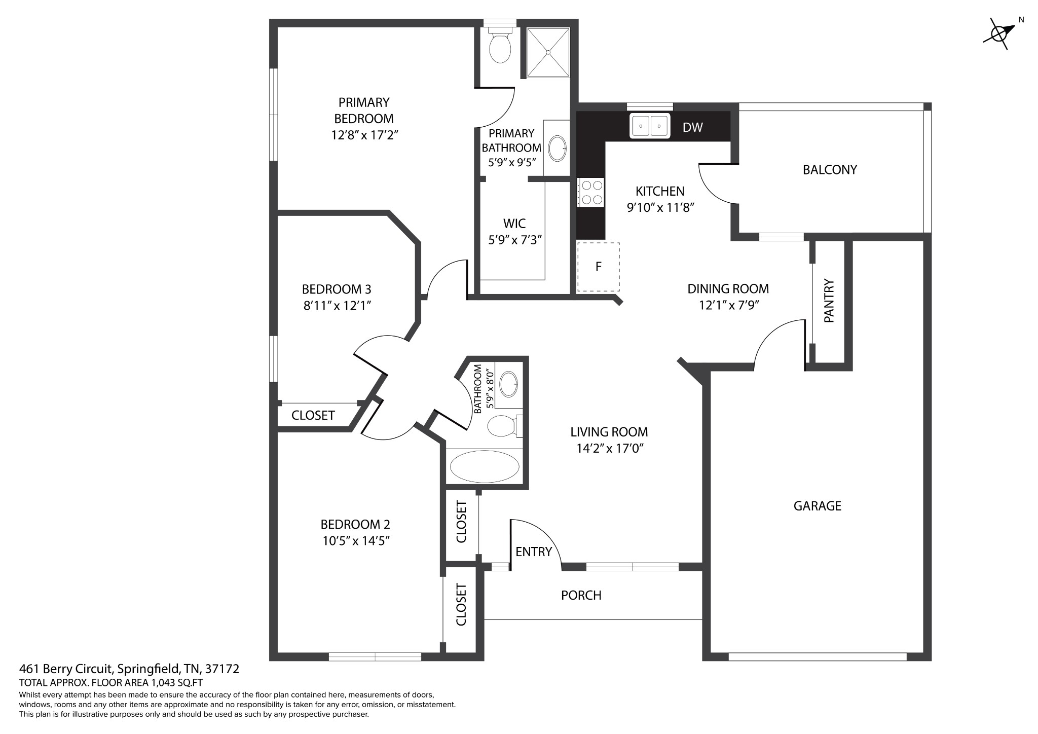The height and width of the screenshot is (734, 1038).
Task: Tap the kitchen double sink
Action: click(x=650, y=126)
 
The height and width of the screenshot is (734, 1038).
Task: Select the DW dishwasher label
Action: click(x=692, y=127)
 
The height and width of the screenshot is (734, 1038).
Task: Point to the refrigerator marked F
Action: click(x=598, y=267)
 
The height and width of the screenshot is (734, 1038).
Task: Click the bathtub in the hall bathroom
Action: click(x=485, y=467)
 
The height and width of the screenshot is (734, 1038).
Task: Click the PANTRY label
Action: click(x=829, y=301)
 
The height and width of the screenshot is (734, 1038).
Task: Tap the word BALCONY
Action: click(x=830, y=170)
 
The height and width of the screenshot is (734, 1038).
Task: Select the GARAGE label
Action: click(x=817, y=505)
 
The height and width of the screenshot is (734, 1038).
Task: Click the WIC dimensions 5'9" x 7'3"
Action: click(x=515, y=240)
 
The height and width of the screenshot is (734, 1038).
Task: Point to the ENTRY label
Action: click(x=533, y=552)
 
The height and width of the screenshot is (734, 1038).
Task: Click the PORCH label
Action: click(x=581, y=595)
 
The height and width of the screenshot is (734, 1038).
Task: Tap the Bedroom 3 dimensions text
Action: click(x=337, y=306)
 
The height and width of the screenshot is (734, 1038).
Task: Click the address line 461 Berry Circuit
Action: click(x=129, y=669)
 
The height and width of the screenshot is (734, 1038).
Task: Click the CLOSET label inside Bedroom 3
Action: click(x=313, y=415)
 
